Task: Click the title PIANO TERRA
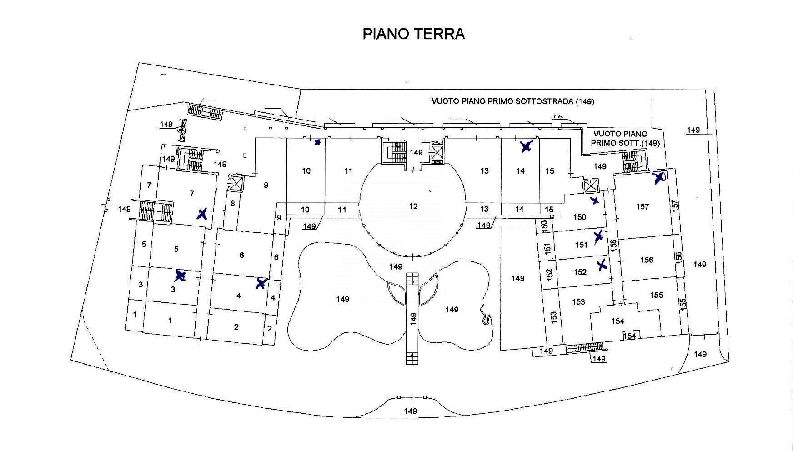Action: point(413,34)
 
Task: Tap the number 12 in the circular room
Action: point(413,206)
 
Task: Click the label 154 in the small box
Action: point(629,336)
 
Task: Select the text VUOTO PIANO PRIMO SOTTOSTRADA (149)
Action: point(512,101)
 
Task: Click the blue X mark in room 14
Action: point(526,146)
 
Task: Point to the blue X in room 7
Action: point(202,214)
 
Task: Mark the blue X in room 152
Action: point(602,265)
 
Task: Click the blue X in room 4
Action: point(261,284)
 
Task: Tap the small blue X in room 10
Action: point(317,143)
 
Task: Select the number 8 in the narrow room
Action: point(233,203)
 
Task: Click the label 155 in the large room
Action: point(656,295)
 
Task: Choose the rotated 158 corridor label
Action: point(613,245)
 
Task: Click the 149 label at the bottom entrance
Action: point(410,411)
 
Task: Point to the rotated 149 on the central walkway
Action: point(413,318)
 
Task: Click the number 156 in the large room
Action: point(647,260)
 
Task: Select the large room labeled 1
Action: point(170,321)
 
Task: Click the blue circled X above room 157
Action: point(659,178)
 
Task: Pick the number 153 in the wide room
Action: point(578,302)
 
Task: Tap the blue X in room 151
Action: point(598,236)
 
